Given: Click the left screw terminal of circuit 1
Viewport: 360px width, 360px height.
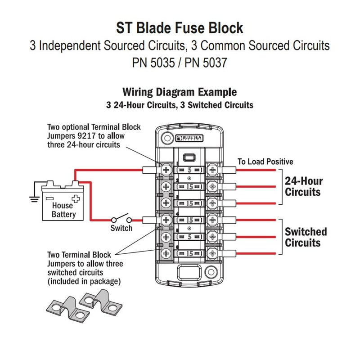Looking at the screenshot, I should [x=166, y=170].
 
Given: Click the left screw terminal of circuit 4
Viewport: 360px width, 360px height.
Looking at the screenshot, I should [x=166, y=220].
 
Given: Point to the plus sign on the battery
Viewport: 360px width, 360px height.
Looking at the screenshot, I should [x=76, y=198].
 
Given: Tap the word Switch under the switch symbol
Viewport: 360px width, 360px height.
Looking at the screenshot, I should [x=121, y=228].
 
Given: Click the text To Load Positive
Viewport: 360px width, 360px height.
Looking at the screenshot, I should [x=265, y=162].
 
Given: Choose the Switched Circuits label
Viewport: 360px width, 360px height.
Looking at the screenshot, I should [x=306, y=238].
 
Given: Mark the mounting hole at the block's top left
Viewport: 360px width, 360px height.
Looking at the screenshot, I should [x=166, y=137].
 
